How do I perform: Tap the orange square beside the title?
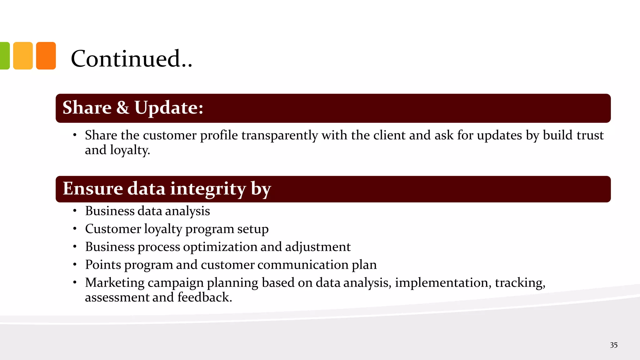pos(46,56)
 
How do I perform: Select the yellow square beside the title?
pos(23,56)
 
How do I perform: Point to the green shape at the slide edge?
pos(4,56)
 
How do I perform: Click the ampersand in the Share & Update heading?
pos(123,108)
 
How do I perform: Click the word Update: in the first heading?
pos(169,108)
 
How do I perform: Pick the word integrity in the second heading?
pos(208,189)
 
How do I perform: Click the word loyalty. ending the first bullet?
pos(130,150)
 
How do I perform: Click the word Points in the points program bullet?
pos(103,265)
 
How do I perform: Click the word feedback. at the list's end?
pos(205,297)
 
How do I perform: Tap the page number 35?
pos(614,345)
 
